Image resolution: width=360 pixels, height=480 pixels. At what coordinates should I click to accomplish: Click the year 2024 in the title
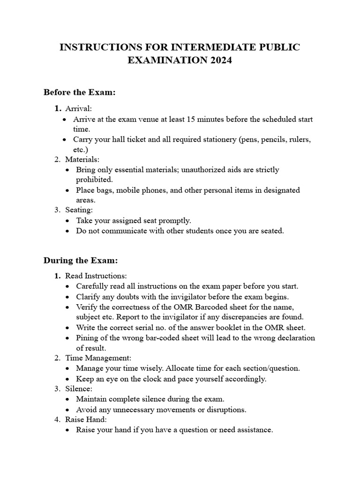pos(220,60)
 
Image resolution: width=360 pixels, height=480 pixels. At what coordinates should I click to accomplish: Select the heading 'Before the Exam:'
pos(79,92)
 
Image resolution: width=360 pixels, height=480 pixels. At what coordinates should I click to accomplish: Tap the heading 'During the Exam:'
pos(80,260)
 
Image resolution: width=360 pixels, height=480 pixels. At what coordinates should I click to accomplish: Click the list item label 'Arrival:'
pos(79,108)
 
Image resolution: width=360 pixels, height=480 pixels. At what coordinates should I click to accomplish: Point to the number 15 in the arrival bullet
pos(191,119)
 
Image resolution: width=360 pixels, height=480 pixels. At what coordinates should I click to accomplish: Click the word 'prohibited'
pos(94,180)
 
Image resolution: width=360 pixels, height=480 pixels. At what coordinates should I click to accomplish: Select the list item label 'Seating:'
pos(79,210)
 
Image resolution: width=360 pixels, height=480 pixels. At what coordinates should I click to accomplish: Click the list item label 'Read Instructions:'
pos(96,276)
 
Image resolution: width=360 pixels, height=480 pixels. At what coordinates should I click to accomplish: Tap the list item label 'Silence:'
pos(79,389)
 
